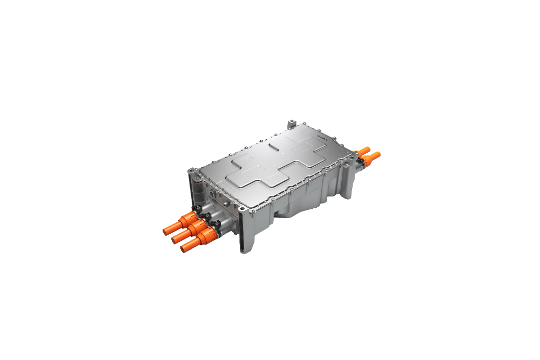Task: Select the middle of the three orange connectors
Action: tap(190, 230)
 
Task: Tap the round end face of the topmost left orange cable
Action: tap(166, 231)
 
